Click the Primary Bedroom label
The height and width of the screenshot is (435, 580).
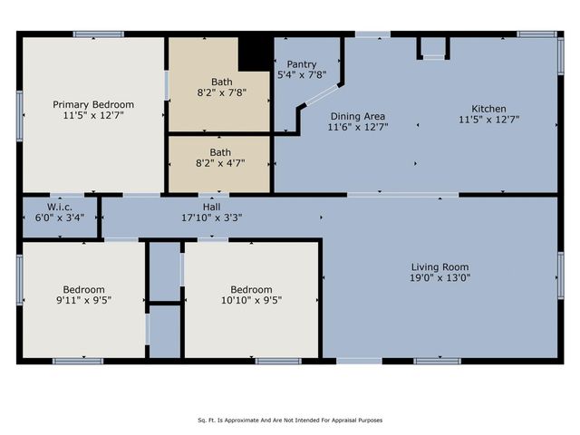[93, 104]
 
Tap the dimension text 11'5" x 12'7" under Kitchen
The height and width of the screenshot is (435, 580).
[488, 120]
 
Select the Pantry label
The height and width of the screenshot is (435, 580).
[301, 64]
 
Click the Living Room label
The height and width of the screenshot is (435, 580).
[440, 266]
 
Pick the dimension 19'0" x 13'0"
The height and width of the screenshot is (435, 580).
[440, 278]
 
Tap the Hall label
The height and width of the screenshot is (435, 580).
[212, 206]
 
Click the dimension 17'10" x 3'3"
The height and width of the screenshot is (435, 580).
[212, 217]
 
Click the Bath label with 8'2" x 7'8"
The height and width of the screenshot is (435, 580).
[221, 82]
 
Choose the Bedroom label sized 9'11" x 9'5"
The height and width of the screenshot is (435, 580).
[82, 289]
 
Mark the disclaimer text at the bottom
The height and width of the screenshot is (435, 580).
[290, 420]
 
